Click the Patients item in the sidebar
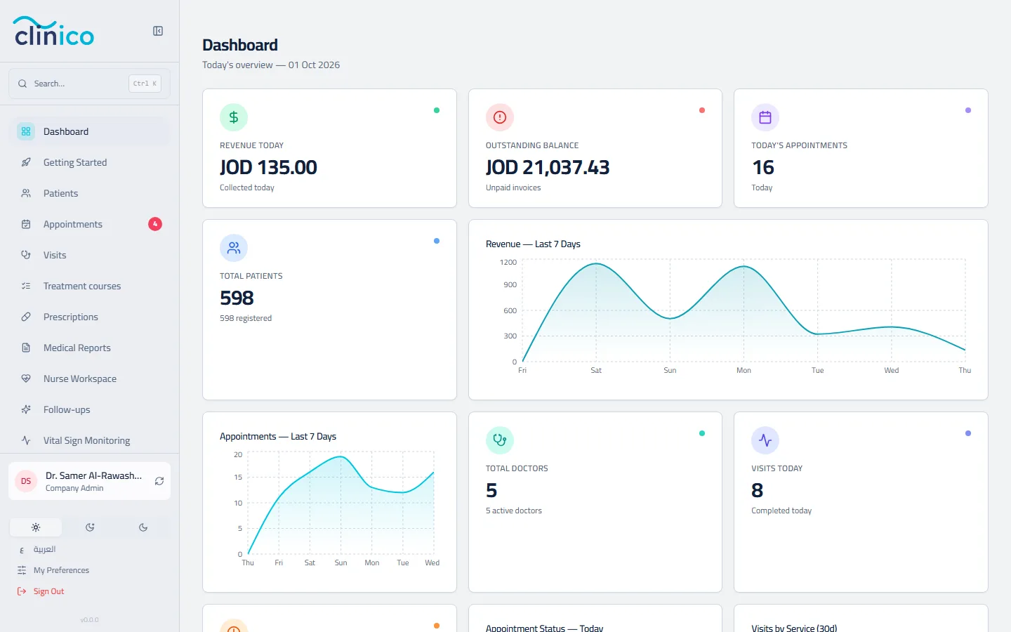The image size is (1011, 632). pyautogui.click(x=60, y=193)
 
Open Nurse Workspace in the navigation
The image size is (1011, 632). pyautogui.click(x=80, y=378)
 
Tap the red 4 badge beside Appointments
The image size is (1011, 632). pyautogui.click(x=154, y=224)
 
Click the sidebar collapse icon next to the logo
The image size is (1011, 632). pyautogui.click(x=157, y=31)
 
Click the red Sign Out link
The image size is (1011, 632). pyautogui.click(x=48, y=591)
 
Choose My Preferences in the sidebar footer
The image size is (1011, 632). pyautogui.click(x=61, y=570)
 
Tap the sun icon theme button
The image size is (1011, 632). pyautogui.click(x=36, y=527)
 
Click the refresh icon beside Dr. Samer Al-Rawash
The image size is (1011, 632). pyautogui.click(x=159, y=481)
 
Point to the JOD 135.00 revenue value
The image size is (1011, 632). pyautogui.click(x=268, y=167)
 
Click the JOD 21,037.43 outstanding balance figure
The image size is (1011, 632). pyautogui.click(x=548, y=167)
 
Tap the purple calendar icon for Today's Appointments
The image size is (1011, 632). pyautogui.click(x=765, y=117)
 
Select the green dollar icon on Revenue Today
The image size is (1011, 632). pyautogui.click(x=234, y=117)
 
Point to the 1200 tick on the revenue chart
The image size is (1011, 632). pyautogui.click(x=508, y=263)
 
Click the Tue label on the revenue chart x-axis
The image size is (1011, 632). pyautogui.click(x=817, y=370)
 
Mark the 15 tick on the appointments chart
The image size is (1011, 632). pyautogui.click(x=238, y=478)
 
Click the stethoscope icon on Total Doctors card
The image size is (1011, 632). pyautogui.click(x=500, y=440)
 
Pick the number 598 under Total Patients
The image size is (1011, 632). pyautogui.click(x=237, y=298)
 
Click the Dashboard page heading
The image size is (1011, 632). pyautogui.click(x=240, y=45)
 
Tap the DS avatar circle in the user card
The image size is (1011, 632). pyautogui.click(x=26, y=481)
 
